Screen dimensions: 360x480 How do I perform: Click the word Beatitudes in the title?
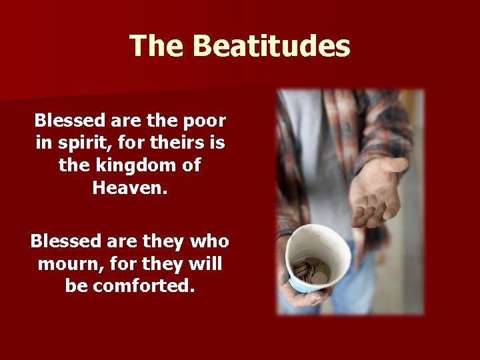(271, 47)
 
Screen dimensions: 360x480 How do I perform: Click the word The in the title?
(157, 47)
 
